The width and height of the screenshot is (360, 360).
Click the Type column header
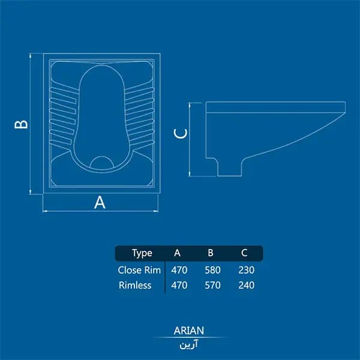[x=142, y=253]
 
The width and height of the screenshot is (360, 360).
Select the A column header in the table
[x=177, y=253]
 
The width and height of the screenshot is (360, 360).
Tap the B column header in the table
[x=211, y=253]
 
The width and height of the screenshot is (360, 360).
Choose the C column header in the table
[x=244, y=253]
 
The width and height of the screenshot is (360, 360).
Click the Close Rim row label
[x=139, y=270]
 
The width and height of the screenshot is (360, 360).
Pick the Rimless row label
[x=135, y=286]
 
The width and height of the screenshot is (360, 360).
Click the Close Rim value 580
[x=212, y=270]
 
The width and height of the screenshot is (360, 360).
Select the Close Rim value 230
[x=247, y=270]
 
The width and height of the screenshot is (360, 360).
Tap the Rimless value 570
[x=212, y=286]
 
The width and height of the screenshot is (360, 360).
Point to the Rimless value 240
[x=247, y=286]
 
